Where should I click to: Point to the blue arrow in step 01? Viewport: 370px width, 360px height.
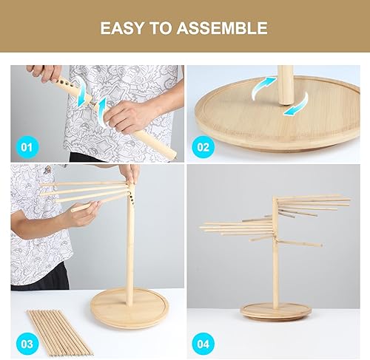[x=101, y=110]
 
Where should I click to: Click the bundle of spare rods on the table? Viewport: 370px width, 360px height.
[x=59, y=331]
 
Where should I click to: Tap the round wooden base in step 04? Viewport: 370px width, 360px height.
[x=275, y=311]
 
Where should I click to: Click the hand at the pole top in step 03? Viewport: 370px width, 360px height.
[x=131, y=174]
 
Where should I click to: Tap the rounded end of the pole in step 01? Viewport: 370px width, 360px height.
[x=170, y=154]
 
